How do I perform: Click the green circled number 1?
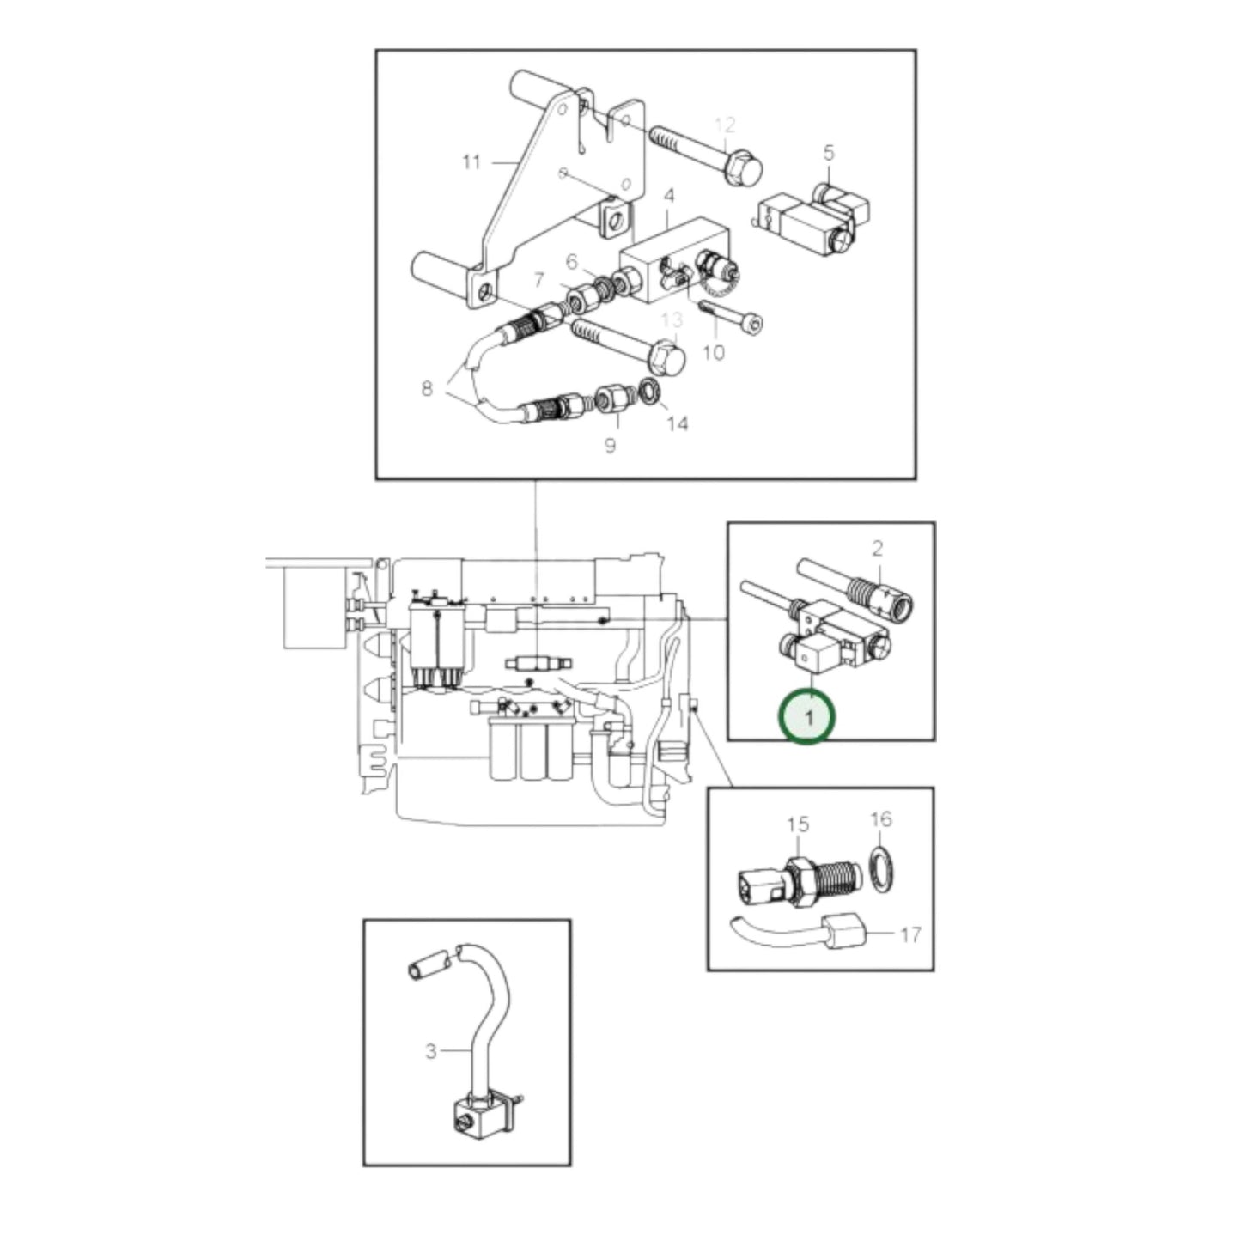click(806, 716)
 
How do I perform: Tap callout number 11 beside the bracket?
click(471, 161)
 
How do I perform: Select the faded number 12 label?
click(725, 125)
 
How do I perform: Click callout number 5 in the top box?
click(828, 153)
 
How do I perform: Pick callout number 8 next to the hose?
click(427, 388)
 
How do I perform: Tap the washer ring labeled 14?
click(650, 392)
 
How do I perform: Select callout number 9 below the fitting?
click(610, 446)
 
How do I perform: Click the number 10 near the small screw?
click(714, 352)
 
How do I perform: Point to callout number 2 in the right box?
click(877, 548)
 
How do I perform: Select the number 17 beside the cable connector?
click(909, 934)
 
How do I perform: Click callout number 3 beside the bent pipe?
click(431, 1051)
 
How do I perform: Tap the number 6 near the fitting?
click(573, 262)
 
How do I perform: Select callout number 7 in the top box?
click(538, 279)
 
